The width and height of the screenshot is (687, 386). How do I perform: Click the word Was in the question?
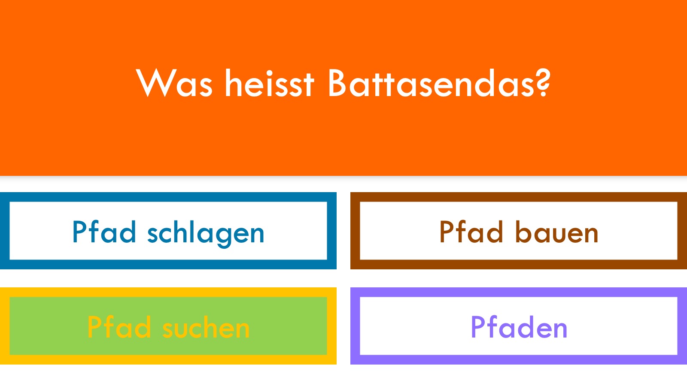click(174, 83)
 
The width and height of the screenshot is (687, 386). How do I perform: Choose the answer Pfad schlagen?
click(168, 232)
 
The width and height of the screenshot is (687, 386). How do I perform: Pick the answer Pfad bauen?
click(519, 232)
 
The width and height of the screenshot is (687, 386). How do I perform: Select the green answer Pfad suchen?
click(168, 327)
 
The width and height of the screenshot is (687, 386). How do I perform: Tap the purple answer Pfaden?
click(519, 327)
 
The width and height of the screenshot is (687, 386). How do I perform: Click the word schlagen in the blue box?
click(206, 233)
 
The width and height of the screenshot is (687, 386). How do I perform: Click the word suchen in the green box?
click(206, 327)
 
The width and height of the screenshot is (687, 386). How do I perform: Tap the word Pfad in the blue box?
click(104, 232)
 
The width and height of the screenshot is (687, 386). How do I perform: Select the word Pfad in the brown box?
click(471, 232)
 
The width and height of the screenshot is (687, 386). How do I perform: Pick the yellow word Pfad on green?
click(119, 326)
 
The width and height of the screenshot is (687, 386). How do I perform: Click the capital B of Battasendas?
click(337, 83)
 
